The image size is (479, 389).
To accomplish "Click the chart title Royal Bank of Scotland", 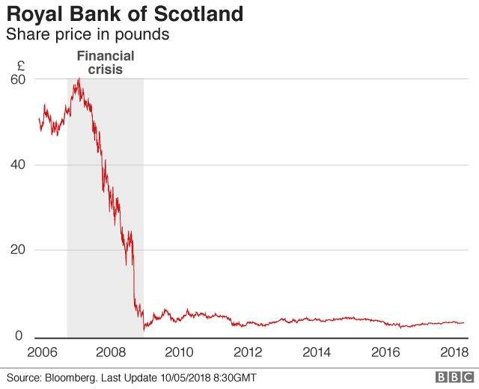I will pyautogui.click(x=124, y=14).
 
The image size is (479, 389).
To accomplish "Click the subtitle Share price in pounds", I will pyautogui.click(x=87, y=34).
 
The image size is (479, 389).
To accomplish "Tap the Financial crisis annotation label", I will pyautogui.click(x=106, y=63).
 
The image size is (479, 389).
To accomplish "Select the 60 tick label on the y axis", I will pyautogui.click(x=19, y=79).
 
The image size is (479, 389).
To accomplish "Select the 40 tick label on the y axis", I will pyautogui.click(x=19, y=165).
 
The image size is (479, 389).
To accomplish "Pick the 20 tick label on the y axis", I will pyautogui.click(x=19, y=250).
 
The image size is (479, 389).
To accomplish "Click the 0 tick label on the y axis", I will pyautogui.click(x=24, y=336).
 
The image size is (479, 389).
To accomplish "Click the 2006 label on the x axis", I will pyautogui.click(x=42, y=352).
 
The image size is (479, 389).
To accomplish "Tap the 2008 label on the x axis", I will pyautogui.click(x=111, y=352).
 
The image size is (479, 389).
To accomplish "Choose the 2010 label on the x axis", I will pyautogui.click(x=180, y=352).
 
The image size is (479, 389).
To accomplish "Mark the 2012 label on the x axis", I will pyautogui.click(x=248, y=352).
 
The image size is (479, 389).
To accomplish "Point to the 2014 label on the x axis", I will pyautogui.click(x=317, y=352).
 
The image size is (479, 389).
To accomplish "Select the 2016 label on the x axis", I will pyautogui.click(x=386, y=352).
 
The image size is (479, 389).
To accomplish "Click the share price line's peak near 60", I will pyautogui.click(x=77, y=79).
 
